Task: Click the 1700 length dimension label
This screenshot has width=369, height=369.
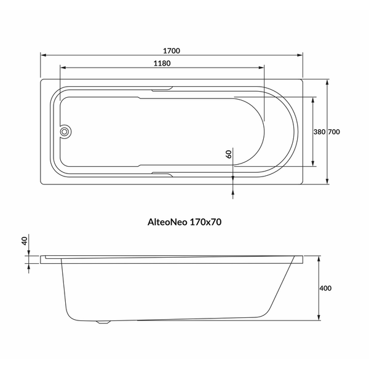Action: point(172,51)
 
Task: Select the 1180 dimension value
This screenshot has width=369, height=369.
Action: point(162,63)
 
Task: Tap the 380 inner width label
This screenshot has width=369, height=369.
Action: point(319,132)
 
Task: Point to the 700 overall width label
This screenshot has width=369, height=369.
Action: point(334,132)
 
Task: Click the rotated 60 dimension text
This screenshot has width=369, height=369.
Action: point(229,154)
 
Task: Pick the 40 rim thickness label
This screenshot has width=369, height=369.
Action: point(25,241)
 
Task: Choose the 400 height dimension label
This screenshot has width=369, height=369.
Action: point(325,288)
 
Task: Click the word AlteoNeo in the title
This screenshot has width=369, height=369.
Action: point(167,222)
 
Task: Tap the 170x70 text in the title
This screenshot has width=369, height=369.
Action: point(205,222)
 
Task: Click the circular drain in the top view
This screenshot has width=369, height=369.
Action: point(64,132)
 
